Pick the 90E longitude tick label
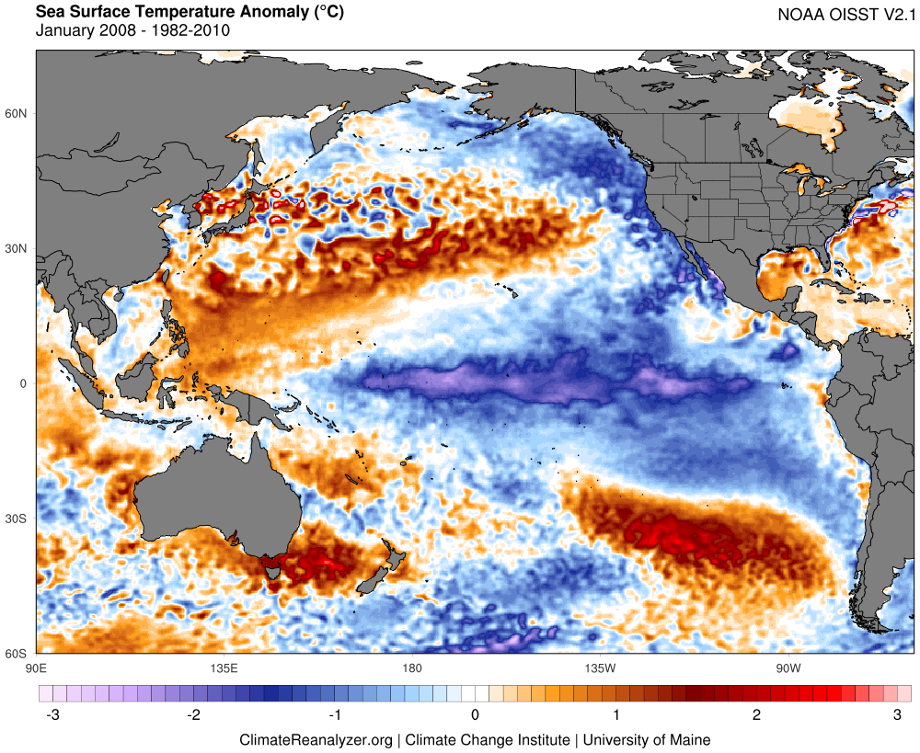37,667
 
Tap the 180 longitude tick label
411,667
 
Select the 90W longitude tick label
788,667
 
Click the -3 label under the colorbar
53,714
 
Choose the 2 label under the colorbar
756,714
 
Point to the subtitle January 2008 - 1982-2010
132,30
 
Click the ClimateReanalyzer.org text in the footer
316,739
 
